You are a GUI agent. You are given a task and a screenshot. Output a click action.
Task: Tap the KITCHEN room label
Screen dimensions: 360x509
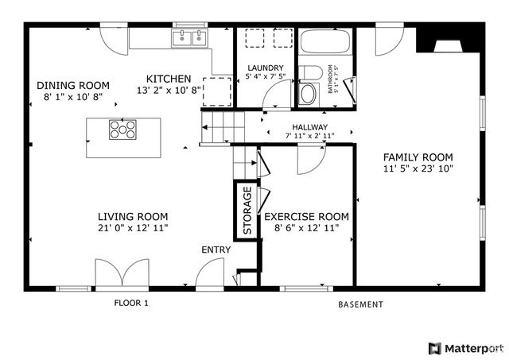coord(168,79)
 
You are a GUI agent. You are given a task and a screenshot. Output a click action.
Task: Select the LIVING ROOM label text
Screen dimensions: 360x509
coord(132,216)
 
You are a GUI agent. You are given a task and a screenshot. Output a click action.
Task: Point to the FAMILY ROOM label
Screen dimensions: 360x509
coord(418,157)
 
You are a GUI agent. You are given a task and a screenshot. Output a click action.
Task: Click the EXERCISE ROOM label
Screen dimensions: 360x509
coord(306,216)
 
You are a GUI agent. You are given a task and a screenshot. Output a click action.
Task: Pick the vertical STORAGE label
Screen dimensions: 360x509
coord(247,211)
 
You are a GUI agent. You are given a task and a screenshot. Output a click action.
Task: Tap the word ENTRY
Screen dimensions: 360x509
coord(216,250)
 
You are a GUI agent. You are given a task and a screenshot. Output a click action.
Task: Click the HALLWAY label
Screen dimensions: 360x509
coord(309,127)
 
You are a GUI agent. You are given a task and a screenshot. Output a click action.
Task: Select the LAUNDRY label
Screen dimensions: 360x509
coord(265,68)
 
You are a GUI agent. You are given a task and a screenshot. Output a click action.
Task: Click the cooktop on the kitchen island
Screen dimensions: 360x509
coord(122,130)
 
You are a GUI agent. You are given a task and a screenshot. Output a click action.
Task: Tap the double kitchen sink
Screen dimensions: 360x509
coord(190,37)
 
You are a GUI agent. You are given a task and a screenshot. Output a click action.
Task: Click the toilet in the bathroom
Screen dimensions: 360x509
coord(309,88)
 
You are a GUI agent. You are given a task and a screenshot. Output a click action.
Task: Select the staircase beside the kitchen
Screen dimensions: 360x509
coord(215,127)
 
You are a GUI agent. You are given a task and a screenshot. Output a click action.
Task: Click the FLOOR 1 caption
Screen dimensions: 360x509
coord(130,304)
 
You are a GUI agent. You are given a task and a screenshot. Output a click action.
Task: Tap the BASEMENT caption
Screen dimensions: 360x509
coord(360,304)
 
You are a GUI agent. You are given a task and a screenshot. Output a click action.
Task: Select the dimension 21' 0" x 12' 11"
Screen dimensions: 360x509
coord(132,228)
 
